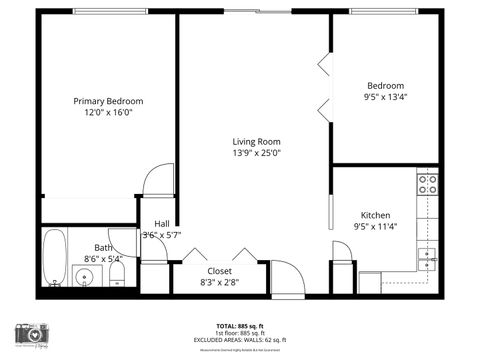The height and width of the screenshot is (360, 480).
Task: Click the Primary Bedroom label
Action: (109, 101)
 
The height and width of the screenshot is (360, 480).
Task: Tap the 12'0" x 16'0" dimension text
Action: (109, 113)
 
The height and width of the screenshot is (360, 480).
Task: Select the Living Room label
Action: (256, 141)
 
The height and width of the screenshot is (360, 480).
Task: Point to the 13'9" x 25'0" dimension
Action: (256, 153)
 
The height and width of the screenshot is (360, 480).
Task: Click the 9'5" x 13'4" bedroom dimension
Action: (385, 98)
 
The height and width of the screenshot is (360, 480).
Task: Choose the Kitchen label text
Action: (375, 215)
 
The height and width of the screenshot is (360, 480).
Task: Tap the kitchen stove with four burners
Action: (428, 185)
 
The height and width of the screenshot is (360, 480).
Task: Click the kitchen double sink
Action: (427, 256)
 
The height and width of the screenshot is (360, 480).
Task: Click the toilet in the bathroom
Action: (116, 272)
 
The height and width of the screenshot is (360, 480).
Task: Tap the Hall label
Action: (161, 223)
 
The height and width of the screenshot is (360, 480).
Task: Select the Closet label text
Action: (219, 271)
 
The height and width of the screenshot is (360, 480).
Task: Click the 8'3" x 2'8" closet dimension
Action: (219, 283)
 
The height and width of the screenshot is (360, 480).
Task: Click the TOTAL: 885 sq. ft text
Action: (240, 326)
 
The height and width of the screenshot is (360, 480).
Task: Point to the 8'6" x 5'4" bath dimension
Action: (103, 259)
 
